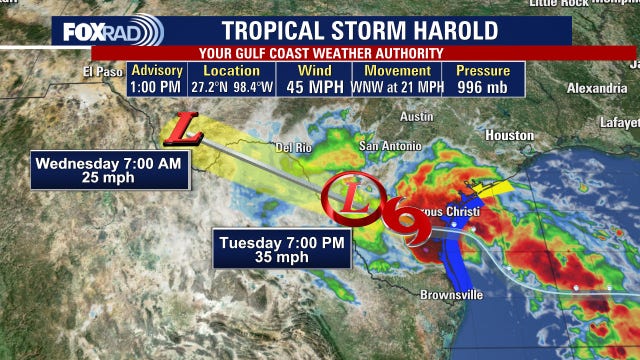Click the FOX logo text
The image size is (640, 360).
pyautogui.click(x=85, y=31)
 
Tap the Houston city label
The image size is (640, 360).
pyautogui.click(x=509, y=135)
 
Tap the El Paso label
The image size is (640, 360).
pyautogui.click(x=102, y=71)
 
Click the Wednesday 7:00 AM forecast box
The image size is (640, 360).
pyautogui.click(x=110, y=170)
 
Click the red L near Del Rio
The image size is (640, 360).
pyautogui.click(x=182, y=127)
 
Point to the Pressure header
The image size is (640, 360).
pyautogui.click(x=483, y=71)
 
